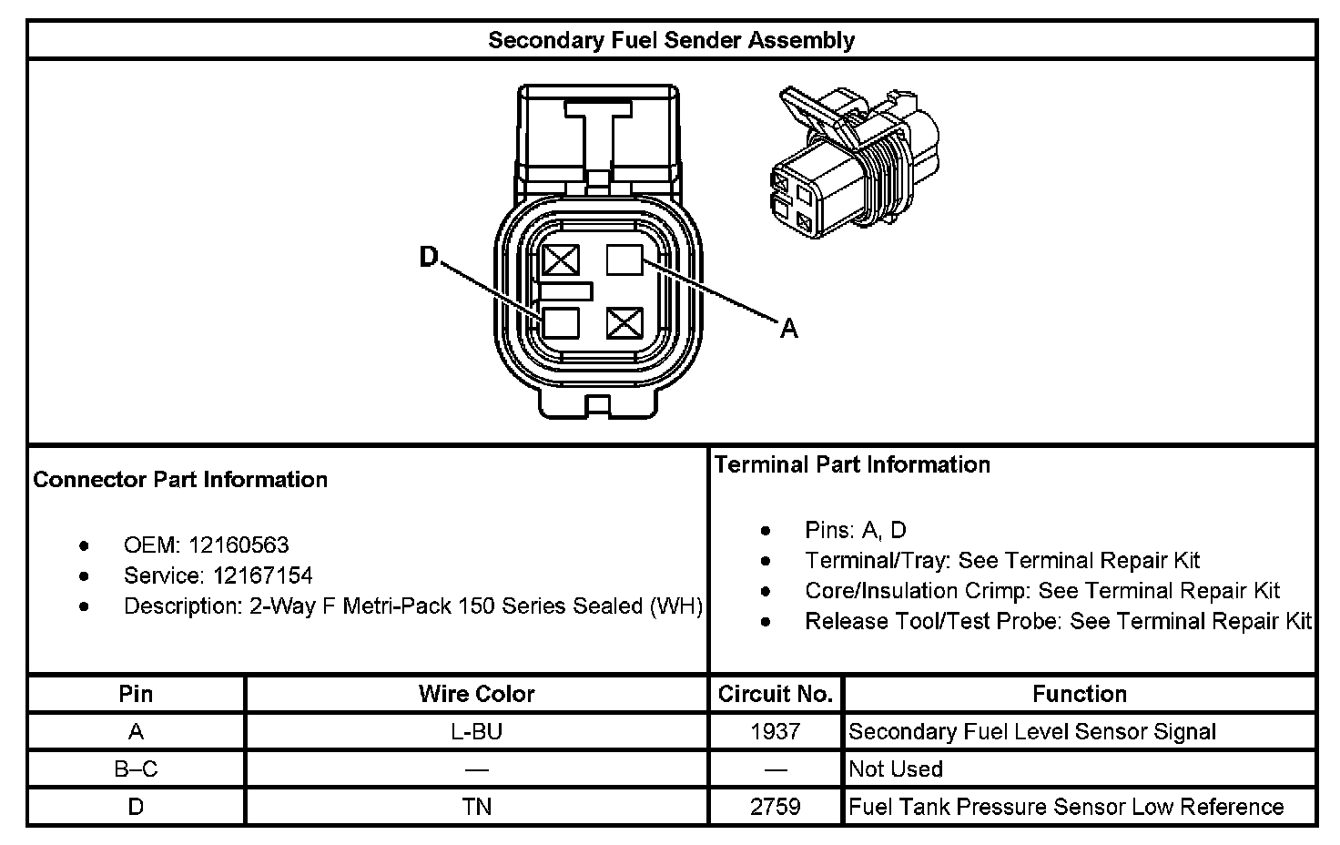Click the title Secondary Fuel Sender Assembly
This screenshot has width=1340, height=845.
click(671, 41)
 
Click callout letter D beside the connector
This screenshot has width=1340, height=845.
click(428, 259)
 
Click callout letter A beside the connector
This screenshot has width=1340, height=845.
click(788, 328)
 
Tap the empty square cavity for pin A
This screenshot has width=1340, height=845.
click(624, 261)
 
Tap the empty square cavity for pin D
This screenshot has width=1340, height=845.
click(561, 323)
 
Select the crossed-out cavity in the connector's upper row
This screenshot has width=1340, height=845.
click(561, 261)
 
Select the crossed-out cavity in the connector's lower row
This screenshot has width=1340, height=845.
click(624, 323)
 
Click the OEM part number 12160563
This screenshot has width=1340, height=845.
click(239, 545)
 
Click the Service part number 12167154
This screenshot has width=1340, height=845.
click(263, 575)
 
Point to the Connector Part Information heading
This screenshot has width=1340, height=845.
click(180, 480)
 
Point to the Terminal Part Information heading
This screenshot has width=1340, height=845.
click(852, 464)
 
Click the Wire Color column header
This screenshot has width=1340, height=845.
click(476, 694)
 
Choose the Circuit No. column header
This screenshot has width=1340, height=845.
click(776, 694)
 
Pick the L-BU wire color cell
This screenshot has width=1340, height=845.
click(476, 731)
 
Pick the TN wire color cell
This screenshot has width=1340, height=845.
click(476, 807)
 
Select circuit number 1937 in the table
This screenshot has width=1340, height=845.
click(776, 731)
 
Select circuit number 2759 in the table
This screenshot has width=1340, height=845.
click(776, 807)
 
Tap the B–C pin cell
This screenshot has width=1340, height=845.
click(136, 769)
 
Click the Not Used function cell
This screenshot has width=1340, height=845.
click(896, 769)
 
